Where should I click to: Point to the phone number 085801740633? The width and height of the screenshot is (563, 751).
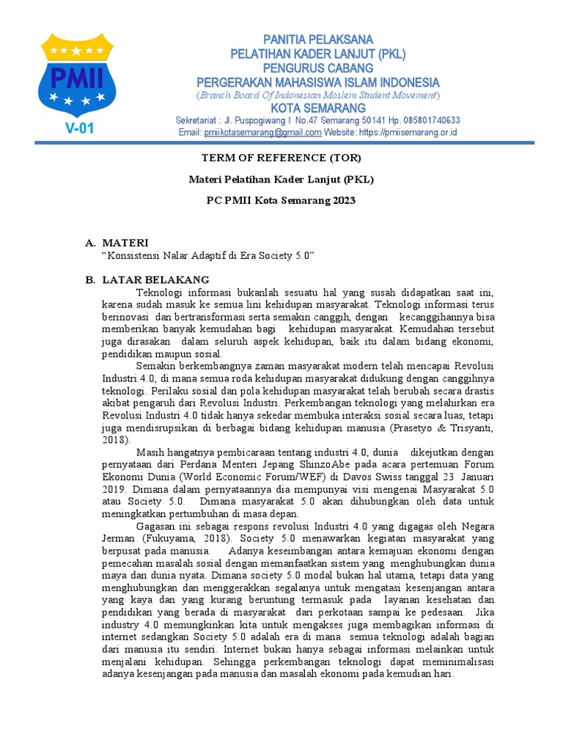click(x=427, y=120)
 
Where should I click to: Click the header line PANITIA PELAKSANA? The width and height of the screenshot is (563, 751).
click(x=317, y=39)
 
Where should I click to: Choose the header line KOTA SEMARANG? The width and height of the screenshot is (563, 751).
click(x=317, y=108)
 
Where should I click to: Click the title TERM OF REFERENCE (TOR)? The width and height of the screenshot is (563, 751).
click(x=281, y=158)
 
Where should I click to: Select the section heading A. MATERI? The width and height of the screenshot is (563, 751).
click(x=117, y=242)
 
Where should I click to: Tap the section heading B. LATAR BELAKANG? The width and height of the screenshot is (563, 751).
click(x=147, y=279)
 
